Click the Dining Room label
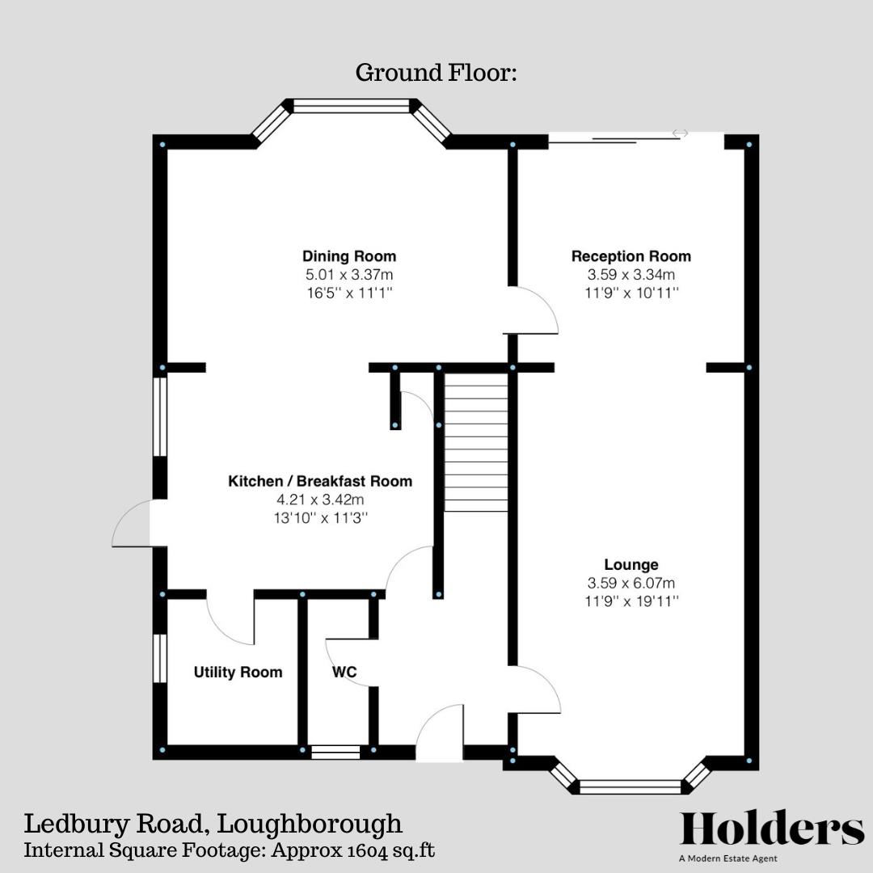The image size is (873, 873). tap(349, 257)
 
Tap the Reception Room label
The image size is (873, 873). tap(630, 257)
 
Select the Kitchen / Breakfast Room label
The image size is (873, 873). tap(320, 482)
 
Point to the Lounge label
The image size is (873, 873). tap(630, 565)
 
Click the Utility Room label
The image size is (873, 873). tap(238, 673)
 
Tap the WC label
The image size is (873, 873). tap(344, 673)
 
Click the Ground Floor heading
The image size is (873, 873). tap(436, 74)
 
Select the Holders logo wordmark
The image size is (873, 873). tap(772, 829)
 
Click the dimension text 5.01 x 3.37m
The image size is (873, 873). tap(349, 276)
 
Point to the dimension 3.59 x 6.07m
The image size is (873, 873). tap(630, 584)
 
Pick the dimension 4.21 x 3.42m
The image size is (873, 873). tap(320, 500)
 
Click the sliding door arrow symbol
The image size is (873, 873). tap(680, 133)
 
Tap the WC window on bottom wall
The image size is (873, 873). tap(335, 752)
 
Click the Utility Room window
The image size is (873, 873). tap(160, 659)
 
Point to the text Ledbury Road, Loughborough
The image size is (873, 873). tap(213, 824)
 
